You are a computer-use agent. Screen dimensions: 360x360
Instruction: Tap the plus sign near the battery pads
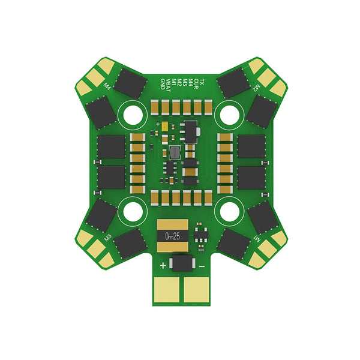pos(163,265)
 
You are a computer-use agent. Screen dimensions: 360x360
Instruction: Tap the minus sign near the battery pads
pos(202,265)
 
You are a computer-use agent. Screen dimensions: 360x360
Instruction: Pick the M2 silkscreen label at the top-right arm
pos(256,87)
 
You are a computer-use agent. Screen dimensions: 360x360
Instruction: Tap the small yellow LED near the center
pos(164,127)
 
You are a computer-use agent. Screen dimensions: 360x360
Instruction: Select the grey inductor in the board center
pos(174,152)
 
